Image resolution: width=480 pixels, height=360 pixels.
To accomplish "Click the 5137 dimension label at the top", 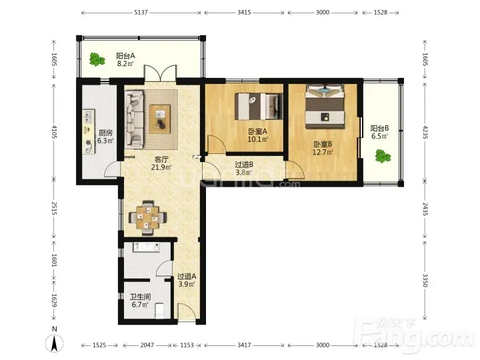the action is (141, 13).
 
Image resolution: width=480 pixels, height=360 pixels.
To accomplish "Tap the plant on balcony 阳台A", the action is (97, 59).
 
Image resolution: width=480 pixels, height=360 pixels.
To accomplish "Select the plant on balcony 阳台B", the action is (383, 156).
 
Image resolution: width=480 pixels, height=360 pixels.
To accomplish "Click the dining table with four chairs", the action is (148, 217).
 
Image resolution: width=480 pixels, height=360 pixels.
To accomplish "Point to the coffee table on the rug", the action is (160, 119).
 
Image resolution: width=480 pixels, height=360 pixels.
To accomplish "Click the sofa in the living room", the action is (135, 119).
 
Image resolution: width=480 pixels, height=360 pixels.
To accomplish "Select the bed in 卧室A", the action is (259, 106).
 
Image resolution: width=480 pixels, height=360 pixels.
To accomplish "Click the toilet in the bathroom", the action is (159, 311).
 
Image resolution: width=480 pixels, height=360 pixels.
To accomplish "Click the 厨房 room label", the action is (105, 133).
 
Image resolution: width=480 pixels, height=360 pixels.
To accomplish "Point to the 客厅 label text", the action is (161, 159).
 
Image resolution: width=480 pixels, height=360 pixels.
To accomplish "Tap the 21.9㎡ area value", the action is (161, 167).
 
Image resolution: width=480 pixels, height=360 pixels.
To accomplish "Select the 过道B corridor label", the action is (244, 165).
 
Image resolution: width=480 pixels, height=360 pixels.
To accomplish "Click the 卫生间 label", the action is (140, 297).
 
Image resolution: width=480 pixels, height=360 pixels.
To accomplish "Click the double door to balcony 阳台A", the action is (161, 73).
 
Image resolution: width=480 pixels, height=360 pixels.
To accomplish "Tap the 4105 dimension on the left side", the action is (54, 131).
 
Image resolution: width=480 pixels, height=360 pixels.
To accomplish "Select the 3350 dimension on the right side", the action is (425, 281).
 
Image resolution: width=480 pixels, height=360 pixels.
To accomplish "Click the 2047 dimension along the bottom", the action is (147, 345).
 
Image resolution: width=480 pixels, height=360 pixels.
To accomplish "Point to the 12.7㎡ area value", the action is (323, 152).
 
